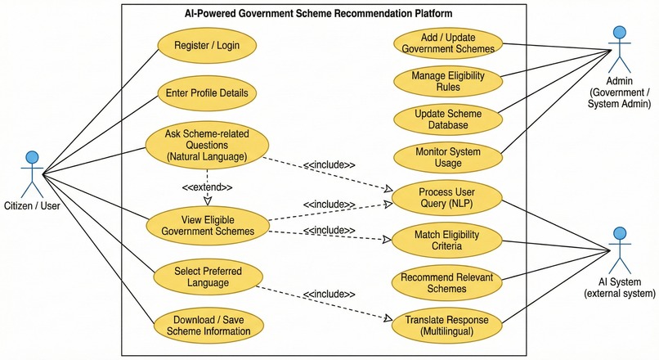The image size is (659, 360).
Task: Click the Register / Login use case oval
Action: (207, 46)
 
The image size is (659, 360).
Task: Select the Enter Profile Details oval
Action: (207, 93)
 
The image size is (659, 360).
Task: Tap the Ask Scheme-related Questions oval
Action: (207, 145)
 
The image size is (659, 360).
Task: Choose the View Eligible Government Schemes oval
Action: (208, 226)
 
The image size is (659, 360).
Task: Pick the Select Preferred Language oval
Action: (208, 277)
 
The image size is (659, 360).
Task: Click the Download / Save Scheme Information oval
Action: (208, 326)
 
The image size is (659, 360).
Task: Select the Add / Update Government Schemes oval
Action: (448, 43)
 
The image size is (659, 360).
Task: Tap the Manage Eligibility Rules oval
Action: (448, 81)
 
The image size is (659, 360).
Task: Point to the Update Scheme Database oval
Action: (448, 119)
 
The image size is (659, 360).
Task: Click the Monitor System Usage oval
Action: (448, 157)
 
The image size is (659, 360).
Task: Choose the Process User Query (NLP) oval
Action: (446, 198)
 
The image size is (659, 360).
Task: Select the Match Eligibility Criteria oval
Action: (446, 241)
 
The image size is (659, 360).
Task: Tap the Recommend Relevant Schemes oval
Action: (446, 283)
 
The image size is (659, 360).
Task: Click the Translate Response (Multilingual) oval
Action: (446, 326)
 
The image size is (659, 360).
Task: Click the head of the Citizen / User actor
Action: (32, 158)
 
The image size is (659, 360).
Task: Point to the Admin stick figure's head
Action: (620, 33)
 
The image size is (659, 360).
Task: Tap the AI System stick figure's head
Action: (620, 233)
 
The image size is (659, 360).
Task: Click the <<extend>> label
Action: (207, 187)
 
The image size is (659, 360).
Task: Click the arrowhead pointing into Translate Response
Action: (388, 318)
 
